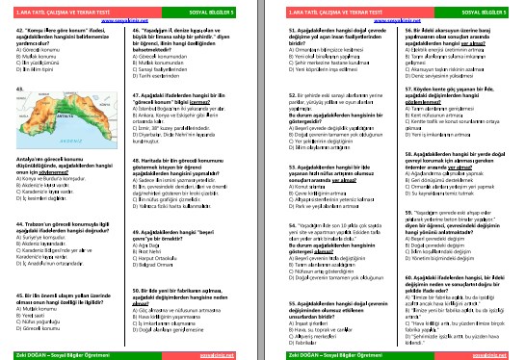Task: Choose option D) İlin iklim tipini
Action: [x=39, y=70]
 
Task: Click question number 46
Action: [x=144, y=31]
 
